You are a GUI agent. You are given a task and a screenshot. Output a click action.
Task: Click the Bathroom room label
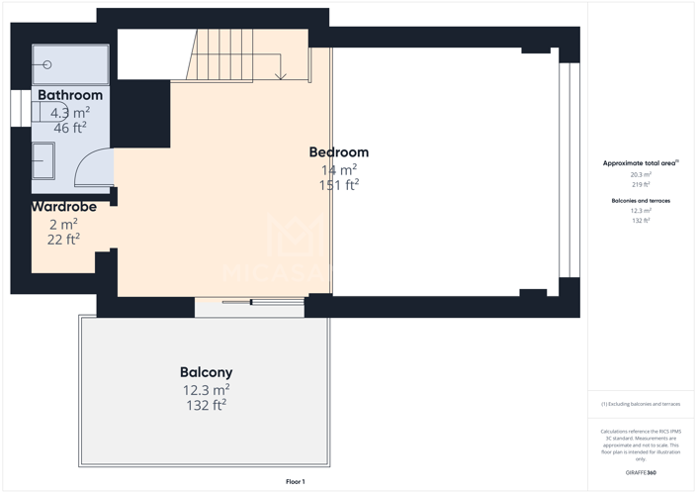(70, 95)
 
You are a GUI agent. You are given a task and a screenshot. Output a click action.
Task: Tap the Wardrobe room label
(63, 207)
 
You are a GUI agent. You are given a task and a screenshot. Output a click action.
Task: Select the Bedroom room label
(338, 152)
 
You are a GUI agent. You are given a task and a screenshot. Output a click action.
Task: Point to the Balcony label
(206, 372)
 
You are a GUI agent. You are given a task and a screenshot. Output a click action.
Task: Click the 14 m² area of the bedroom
(338, 169)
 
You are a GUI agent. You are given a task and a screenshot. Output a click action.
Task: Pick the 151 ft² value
(338, 185)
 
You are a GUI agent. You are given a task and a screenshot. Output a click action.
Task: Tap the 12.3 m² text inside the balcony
(206, 389)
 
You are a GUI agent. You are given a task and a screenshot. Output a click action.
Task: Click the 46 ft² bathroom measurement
(70, 128)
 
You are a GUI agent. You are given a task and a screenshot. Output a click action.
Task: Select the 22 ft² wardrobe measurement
(63, 239)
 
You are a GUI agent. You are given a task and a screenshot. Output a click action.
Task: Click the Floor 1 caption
(296, 481)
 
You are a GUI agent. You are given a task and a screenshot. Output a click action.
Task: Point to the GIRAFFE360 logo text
(641, 474)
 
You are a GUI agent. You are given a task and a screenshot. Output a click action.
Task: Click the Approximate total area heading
(640, 162)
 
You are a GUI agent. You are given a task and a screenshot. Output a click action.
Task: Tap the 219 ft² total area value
(641, 184)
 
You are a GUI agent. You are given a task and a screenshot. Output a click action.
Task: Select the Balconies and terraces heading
(641, 200)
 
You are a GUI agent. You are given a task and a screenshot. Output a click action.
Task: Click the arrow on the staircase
(282, 75)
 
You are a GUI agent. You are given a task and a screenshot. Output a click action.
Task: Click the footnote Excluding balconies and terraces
(641, 404)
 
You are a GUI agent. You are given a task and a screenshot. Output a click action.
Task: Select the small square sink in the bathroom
(44, 158)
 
